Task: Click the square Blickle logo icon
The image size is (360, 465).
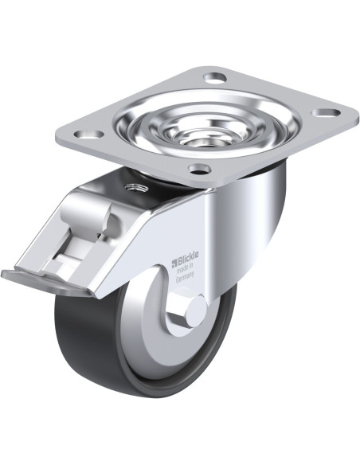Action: coord(174,263)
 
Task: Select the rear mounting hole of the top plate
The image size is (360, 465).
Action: coord(215,77)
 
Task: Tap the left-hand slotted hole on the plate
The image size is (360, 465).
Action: coord(89,134)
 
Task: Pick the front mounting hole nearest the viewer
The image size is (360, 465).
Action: coord(200,169)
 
